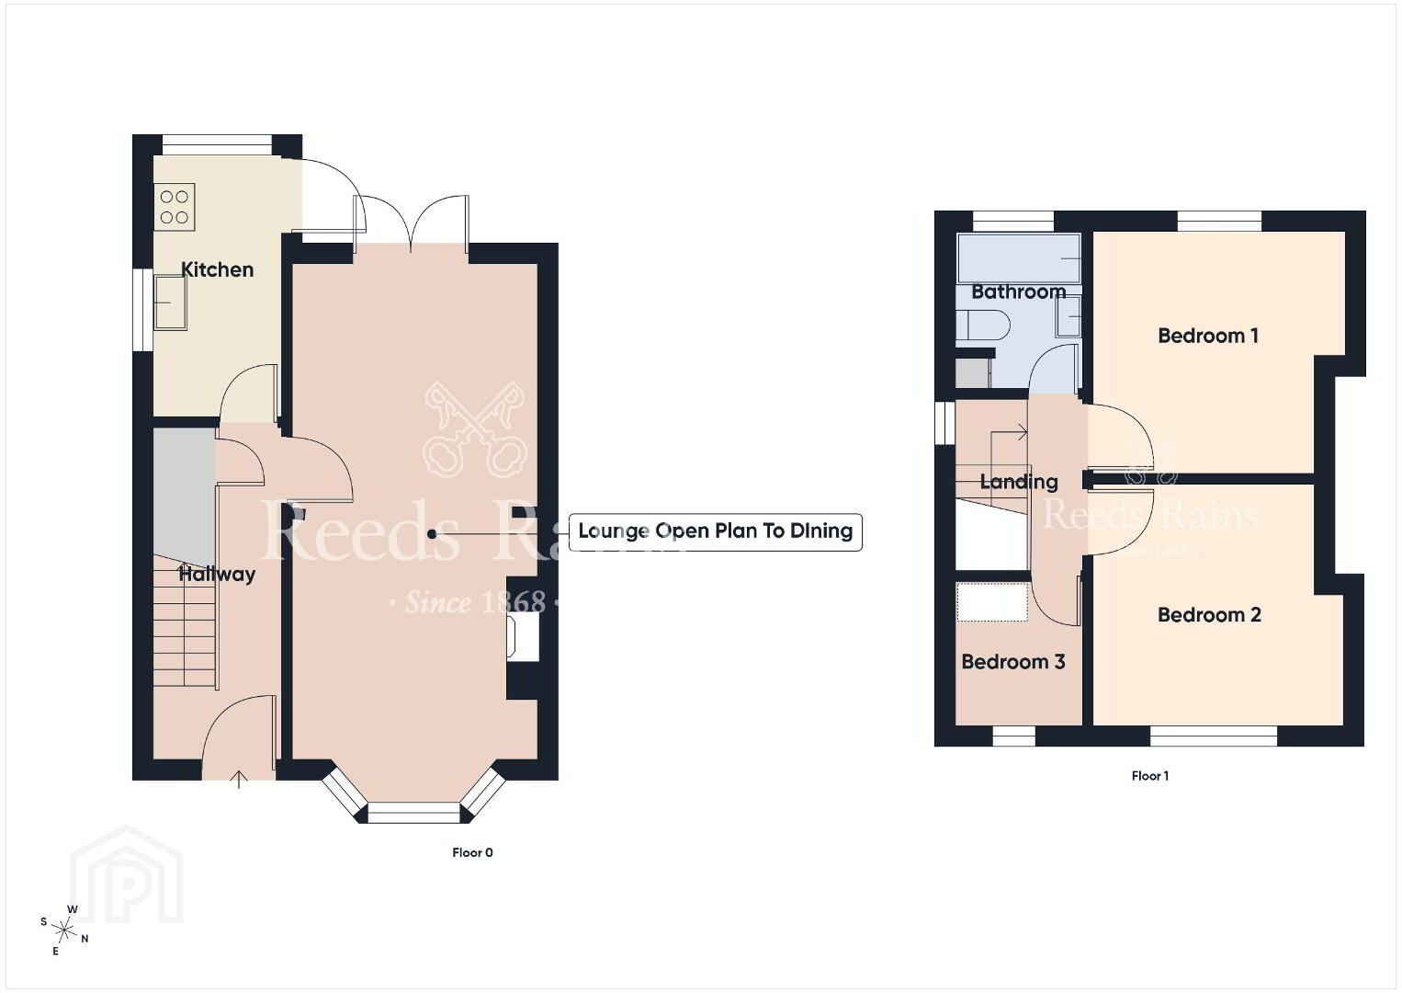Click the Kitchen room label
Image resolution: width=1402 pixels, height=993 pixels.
click(217, 270)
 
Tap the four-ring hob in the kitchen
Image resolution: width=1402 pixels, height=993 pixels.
click(174, 207)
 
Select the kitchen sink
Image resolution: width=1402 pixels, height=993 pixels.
click(170, 302)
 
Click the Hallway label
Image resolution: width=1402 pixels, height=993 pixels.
click(217, 574)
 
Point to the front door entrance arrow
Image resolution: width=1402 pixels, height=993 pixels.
click(239, 780)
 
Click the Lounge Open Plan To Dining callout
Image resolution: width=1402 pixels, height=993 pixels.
click(716, 531)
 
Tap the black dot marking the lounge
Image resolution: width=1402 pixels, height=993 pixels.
click(432, 534)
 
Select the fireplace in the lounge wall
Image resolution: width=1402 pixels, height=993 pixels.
click(524, 636)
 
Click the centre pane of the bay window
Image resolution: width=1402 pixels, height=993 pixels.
click(413, 813)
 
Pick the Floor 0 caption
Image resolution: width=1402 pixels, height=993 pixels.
click(472, 852)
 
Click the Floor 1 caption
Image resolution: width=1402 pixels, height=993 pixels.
click(1149, 776)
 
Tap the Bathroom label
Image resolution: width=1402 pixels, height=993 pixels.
click(1019, 292)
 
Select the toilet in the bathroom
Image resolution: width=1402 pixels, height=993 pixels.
click(982, 325)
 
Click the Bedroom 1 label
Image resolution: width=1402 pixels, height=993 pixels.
click(1208, 336)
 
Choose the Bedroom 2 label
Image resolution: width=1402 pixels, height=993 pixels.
click(1209, 614)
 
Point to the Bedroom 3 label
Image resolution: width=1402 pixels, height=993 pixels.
click(1013, 662)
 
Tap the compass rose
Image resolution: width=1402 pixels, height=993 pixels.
click(63, 930)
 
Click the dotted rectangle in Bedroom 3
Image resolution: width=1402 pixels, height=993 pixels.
click(992, 602)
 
